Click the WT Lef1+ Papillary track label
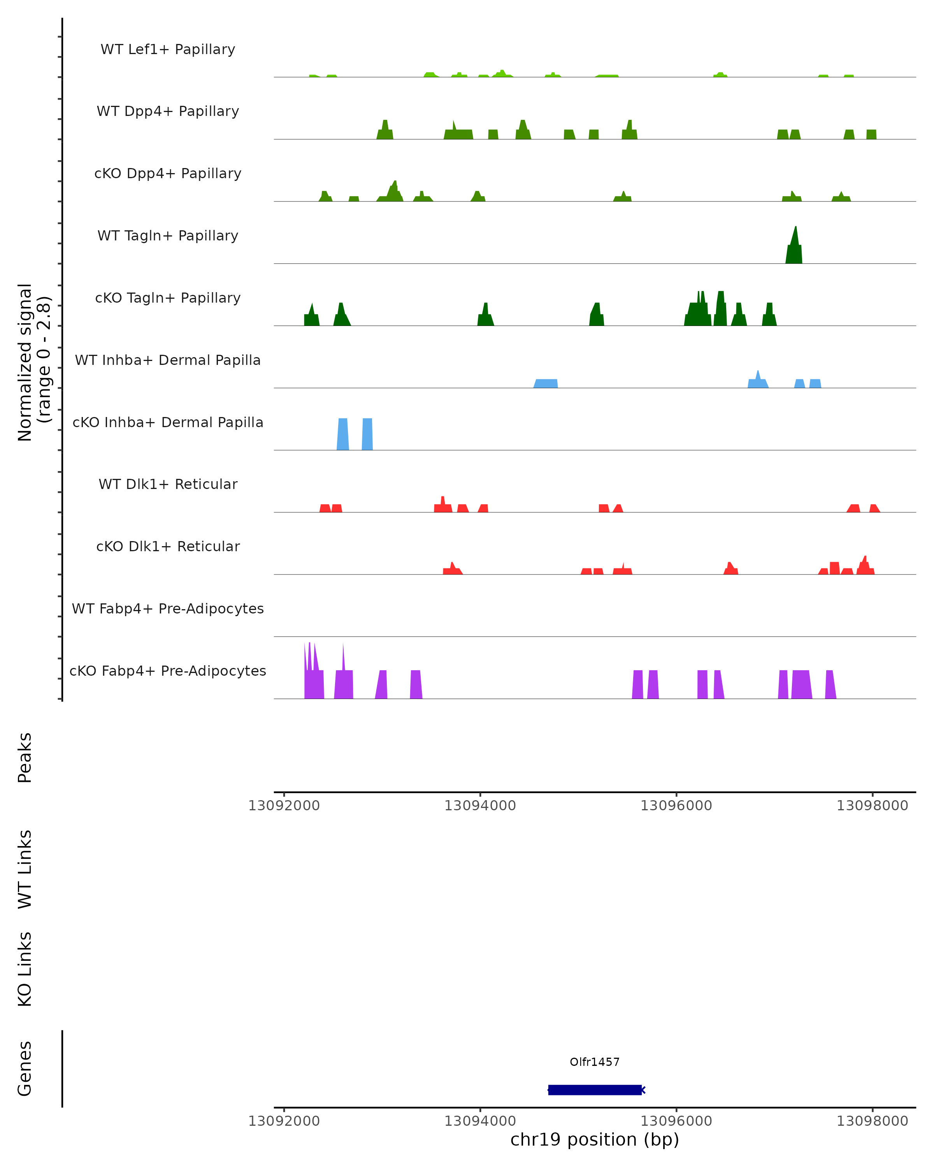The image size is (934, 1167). (168, 49)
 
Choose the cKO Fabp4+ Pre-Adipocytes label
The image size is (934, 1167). (168, 671)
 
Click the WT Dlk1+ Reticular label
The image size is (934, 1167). (168, 484)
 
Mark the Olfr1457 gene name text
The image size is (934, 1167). (595, 1062)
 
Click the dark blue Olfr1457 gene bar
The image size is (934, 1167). (595, 1090)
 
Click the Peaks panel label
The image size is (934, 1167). (25, 757)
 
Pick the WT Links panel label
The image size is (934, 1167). (25, 869)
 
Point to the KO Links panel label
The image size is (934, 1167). (25, 969)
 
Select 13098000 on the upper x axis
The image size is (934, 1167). (872, 806)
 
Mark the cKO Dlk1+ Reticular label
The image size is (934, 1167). (168, 546)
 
